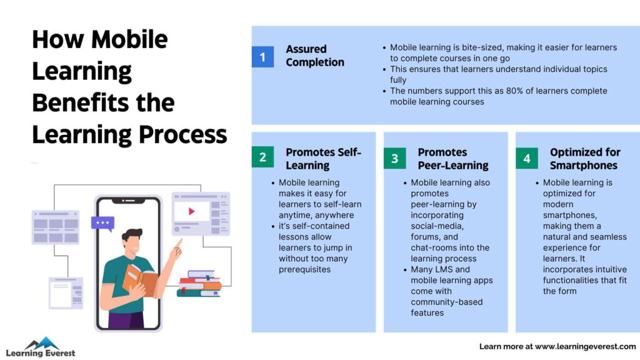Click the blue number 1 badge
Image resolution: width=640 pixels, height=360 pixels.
[262, 57]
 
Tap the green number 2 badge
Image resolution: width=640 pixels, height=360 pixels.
[262, 158]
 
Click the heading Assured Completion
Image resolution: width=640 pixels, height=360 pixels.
[315, 56]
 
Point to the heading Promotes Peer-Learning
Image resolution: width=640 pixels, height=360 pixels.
[452, 159]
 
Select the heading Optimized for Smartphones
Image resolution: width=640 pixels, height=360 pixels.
[584, 159]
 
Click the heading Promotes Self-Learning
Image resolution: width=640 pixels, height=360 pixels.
[323, 159]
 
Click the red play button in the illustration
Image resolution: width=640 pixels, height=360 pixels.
[191, 211]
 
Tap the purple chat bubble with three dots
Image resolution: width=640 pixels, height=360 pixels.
[102, 223]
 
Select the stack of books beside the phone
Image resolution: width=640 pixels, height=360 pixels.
[199, 284]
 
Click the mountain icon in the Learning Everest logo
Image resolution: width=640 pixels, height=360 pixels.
[41, 343]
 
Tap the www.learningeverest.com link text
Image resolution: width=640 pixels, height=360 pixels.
[585, 346]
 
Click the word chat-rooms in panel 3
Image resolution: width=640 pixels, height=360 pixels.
[434, 247]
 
